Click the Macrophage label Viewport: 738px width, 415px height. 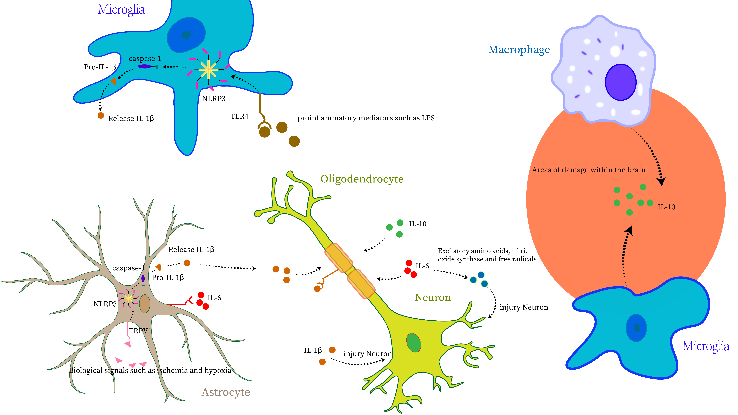coord(519,50)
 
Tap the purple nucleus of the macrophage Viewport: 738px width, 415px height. coord(621,82)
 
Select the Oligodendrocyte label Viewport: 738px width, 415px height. coord(362,179)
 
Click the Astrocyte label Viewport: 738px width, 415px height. coord(226,392)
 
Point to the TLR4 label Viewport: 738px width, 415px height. coord(239,116)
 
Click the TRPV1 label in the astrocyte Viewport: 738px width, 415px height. coord(140,331)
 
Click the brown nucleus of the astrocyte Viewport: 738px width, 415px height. coord(145,304)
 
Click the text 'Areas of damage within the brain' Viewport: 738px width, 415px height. coord(589,170)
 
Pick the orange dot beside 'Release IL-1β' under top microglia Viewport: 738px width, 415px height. coord(101,115)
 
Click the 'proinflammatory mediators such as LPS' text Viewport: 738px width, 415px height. coord(366,118)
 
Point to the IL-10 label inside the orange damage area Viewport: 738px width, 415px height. coord(666,207)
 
